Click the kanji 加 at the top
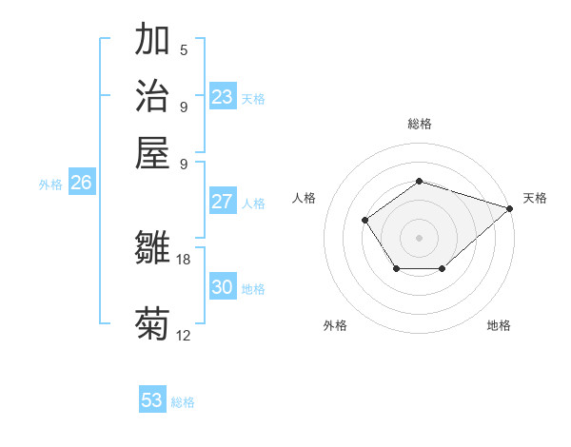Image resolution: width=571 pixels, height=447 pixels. [152, 41]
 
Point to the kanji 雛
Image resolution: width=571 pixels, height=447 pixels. [152, 247]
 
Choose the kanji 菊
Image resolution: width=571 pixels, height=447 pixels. [152, 323]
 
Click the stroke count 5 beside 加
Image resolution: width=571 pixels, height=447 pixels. [184, 50]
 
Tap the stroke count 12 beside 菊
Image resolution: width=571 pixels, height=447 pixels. [184, 335]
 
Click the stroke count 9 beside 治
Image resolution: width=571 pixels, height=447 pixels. [184, 107]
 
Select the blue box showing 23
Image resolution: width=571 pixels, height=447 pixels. [223, 97]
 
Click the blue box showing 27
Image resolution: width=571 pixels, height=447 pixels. [223, 202]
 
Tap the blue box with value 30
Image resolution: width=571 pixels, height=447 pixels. [223, 287]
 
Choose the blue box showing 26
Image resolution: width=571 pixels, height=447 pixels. [81, 184]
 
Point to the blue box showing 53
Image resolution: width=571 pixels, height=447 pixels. [152, 400]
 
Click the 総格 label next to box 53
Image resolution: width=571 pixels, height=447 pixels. [183, 402]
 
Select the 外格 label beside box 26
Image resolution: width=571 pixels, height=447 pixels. [50, 185]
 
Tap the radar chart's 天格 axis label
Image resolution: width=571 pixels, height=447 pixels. [535, 198]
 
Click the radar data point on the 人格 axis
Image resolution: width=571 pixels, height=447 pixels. [365, 221]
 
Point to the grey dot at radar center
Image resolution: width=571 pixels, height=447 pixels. [419, 237]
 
